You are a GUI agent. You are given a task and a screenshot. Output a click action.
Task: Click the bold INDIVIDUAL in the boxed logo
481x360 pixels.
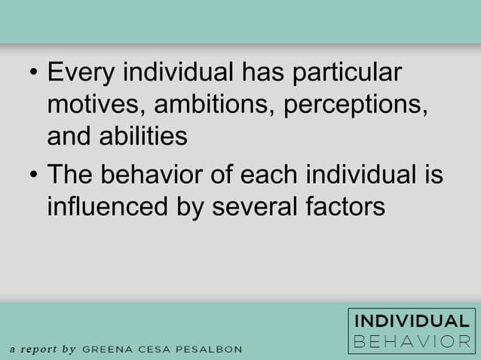click(x=412, y=321)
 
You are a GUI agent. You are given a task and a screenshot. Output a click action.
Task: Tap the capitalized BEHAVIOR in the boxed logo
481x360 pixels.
click(x=412, y=341)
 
